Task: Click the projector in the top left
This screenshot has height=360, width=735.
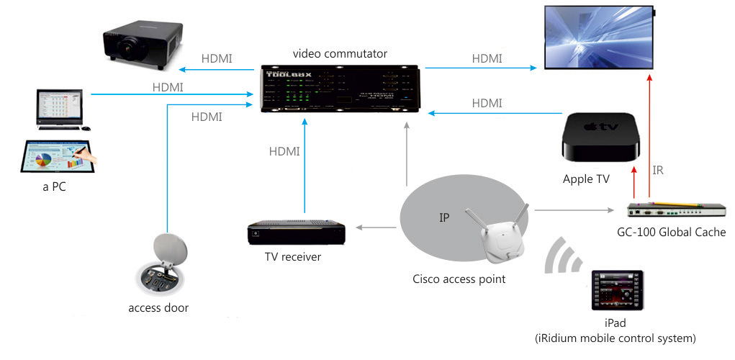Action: [140, 47]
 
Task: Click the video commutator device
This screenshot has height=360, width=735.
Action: [341, 90]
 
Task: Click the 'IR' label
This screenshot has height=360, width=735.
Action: [658, 171]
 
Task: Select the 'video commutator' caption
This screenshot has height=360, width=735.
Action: [340, 54]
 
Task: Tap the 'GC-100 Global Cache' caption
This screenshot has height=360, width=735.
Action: [671, 232]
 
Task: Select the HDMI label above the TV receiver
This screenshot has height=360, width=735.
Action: [284, 151]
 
